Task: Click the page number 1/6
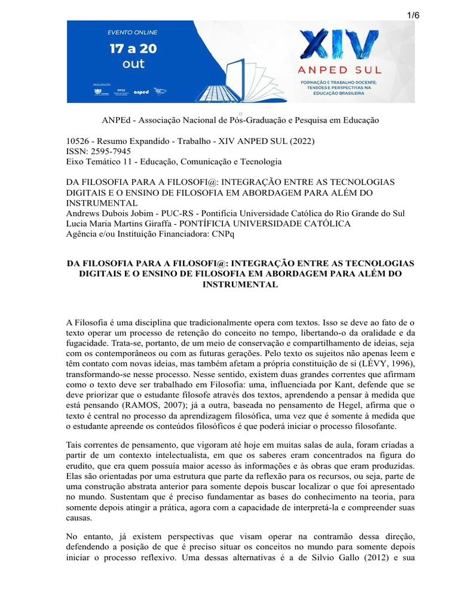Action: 414,16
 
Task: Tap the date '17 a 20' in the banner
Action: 133,48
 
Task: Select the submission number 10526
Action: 79,141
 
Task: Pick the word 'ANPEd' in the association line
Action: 117,120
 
